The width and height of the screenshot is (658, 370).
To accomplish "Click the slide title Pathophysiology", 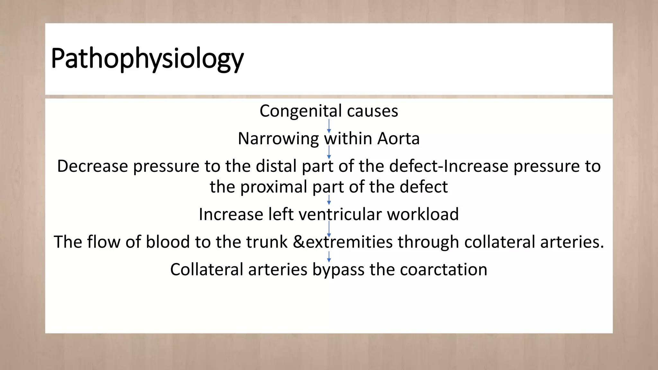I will click(147, 59).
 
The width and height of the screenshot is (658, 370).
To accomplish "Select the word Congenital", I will click(300, 111).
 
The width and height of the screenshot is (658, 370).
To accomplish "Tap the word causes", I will click(372, 111).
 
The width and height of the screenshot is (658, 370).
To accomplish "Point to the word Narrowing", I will click(278, 139).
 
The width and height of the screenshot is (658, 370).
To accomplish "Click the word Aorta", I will click(398, 139).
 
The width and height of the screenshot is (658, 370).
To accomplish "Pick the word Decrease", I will click(93, 166).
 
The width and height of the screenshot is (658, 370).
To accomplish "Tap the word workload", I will click(423, 214).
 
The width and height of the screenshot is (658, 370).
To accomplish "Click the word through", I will click(428, 242).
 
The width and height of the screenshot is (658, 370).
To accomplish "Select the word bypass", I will click(338, 269).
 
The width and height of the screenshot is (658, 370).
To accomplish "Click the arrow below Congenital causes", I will click(329, 126).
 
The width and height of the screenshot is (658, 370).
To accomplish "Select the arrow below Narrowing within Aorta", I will click(329, 152).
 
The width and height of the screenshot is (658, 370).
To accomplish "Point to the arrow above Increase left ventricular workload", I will click(329, 200).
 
